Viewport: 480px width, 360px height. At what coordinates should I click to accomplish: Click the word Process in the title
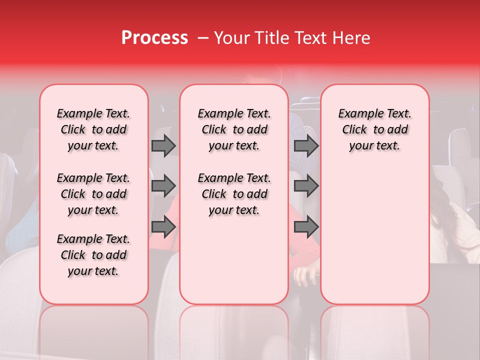click(154, 38)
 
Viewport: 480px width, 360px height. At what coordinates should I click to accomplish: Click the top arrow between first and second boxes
click(163, 145)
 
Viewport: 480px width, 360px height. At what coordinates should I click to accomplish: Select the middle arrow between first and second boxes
click(163, 186)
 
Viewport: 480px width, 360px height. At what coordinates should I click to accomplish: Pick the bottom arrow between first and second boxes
click(163, 227)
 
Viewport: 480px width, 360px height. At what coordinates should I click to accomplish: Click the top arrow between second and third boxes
click(306, 145)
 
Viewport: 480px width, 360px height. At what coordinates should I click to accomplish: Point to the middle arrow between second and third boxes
click(306, 186)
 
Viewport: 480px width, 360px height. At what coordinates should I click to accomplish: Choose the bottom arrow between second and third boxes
click(306, 227)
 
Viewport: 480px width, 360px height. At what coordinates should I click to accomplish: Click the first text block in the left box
click(93, 129)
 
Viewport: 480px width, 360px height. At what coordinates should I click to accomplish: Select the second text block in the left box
click(93, 194)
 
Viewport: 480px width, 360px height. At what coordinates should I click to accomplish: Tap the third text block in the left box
click(93, 255)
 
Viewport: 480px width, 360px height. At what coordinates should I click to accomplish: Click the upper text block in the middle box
click(234, 129)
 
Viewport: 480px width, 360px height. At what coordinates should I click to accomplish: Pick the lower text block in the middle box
click(234, 194)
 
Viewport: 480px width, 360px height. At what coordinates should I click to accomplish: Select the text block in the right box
click(375, 129)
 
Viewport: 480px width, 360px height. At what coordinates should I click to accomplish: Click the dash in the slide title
click(202, 38)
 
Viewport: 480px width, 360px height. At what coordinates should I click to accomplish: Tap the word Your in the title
click(231, 38)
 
